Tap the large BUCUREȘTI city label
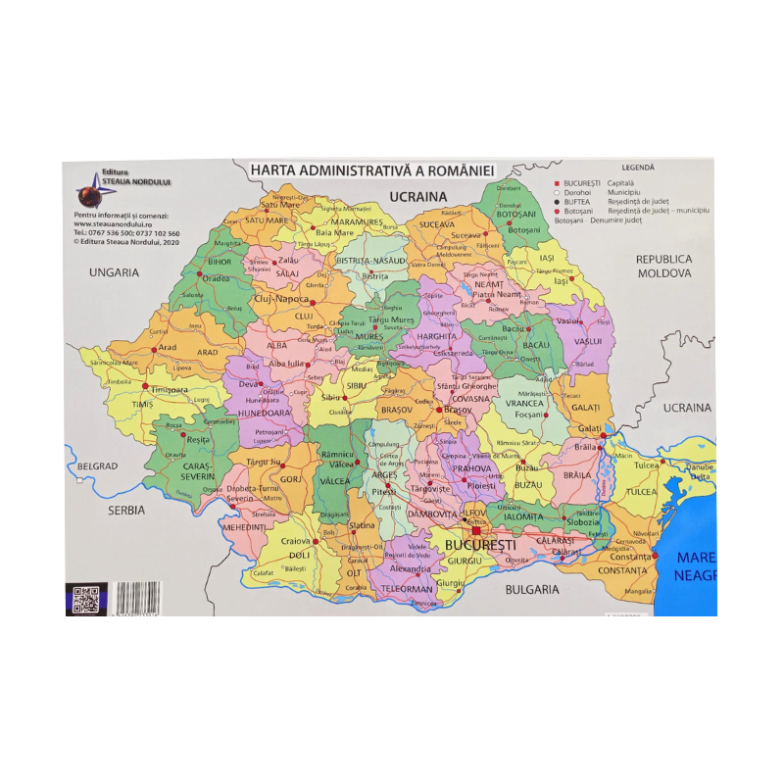point(480,543)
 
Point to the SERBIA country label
point(126,510)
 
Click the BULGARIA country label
point(532,589)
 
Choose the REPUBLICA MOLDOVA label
point(663,266)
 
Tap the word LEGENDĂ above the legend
point(637,168)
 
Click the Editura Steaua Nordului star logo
point(90,183)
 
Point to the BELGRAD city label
point(98,466)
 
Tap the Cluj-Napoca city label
point(281,298)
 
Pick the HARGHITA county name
point(437,335)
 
